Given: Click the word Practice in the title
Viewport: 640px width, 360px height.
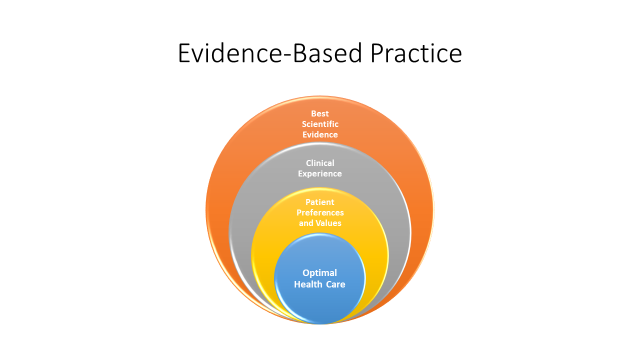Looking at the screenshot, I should pos(416,53).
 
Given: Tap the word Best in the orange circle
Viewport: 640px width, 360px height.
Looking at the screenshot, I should pos(320,113).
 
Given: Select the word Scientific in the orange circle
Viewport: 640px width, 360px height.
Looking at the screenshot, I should pos(320,124).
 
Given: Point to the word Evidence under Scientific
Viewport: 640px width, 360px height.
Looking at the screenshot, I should pos(320,134).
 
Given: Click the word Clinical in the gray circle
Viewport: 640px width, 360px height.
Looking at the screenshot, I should pos(320,163).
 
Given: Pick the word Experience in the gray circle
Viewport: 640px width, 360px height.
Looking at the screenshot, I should pos(320,173).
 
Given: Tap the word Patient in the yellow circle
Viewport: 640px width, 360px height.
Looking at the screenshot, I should pos(320,202).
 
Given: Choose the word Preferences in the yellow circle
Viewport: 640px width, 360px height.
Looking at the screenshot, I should pos(320,212).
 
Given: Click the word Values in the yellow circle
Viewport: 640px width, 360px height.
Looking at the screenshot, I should pos(330,223).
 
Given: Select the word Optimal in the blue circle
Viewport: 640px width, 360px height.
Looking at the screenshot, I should pos(320,272).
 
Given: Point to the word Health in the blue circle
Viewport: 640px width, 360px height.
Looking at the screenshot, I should pos(306,284).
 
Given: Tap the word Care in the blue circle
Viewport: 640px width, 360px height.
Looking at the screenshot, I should pos(335,284).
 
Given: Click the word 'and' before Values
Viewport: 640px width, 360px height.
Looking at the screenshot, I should pos(306,223).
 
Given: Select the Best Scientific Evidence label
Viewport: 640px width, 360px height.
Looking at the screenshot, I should pos(320,124).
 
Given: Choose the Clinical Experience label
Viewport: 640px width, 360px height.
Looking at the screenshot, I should pos(320,168).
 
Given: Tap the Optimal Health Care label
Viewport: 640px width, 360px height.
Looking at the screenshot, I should pos(320,278).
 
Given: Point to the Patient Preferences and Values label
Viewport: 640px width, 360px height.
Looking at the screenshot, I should pos(320,212).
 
